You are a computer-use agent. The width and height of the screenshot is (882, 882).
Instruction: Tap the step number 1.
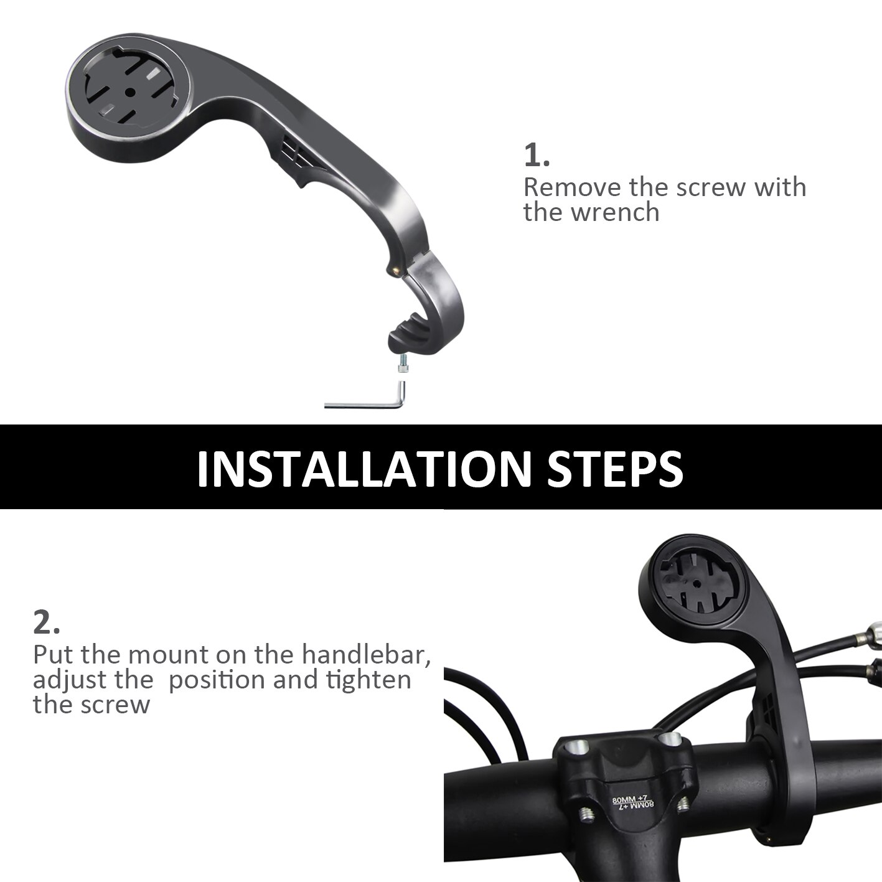pos(536,156)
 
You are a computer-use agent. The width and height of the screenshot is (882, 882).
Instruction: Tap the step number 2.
pos(46,622)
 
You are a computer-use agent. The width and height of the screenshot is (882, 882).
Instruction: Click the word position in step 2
pos(218,680)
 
